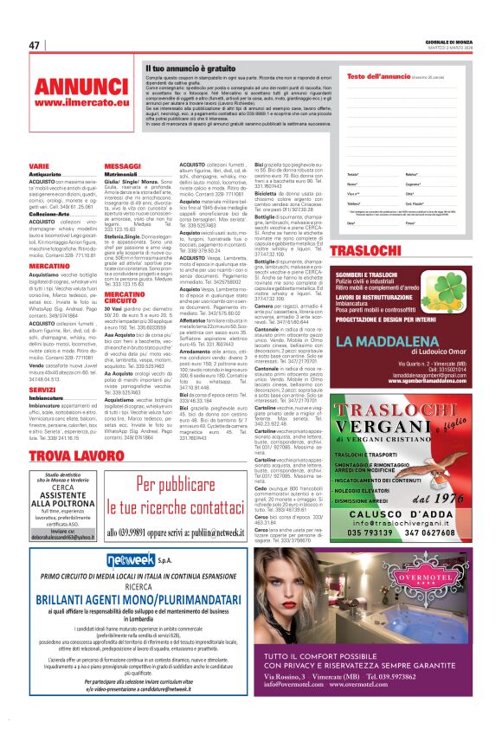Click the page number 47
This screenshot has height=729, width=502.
(x=35, y=46)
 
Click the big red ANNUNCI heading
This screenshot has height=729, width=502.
(x=80, y=87)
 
